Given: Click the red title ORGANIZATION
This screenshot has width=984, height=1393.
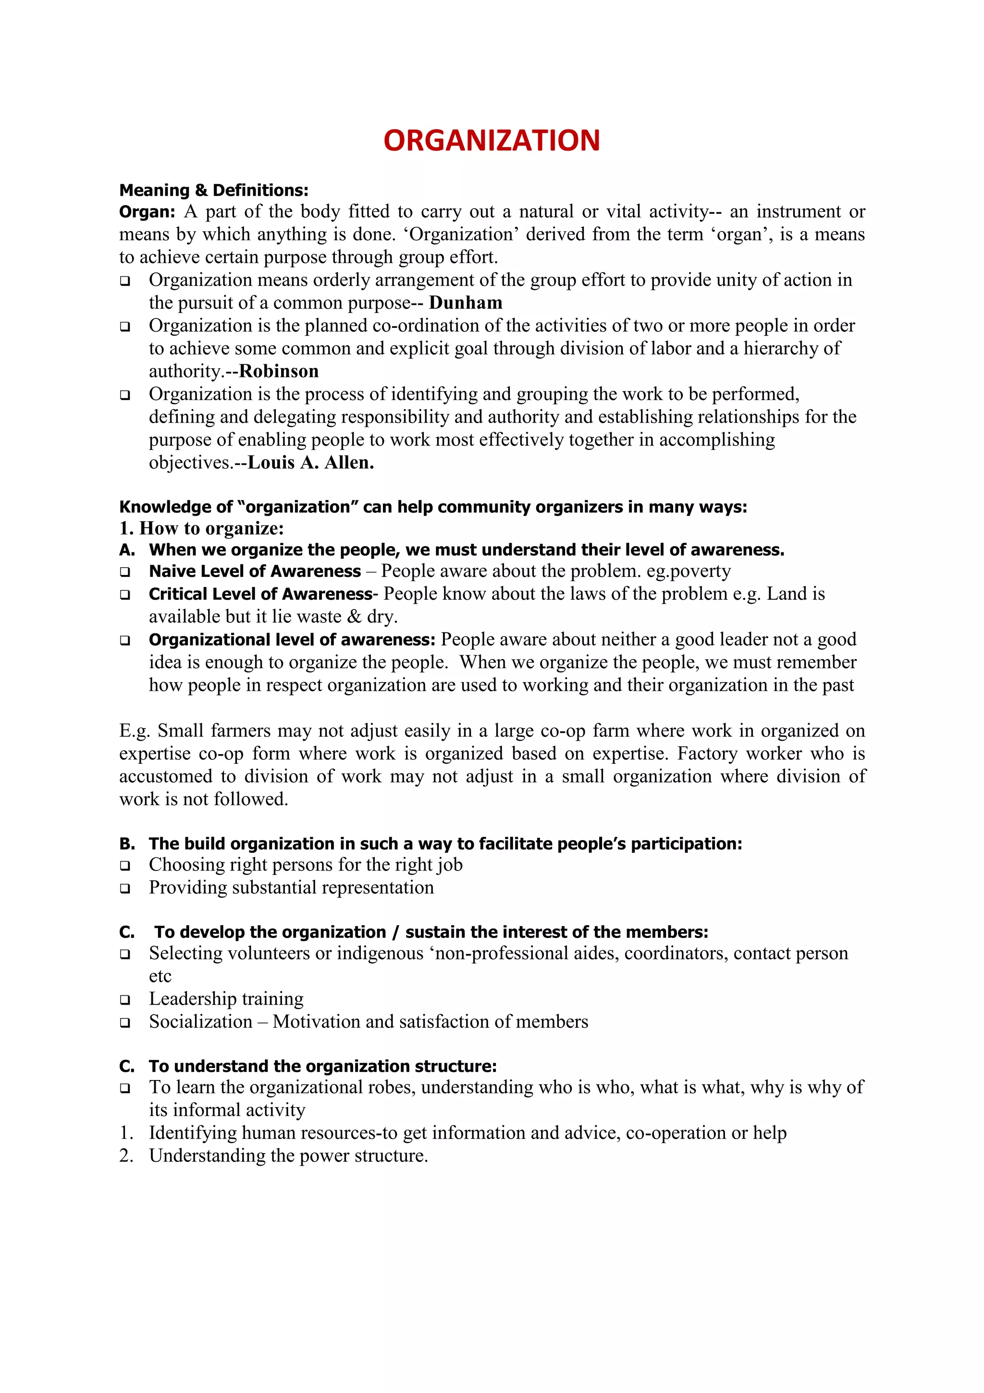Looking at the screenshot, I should click(491, 140).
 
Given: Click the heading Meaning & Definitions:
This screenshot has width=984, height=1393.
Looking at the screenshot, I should click(213, 190).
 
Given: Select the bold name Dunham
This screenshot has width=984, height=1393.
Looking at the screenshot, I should click(465, 302).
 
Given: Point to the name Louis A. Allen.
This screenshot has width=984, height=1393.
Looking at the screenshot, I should click(310, 462).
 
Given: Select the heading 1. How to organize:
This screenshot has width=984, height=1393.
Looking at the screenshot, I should click(201, 528).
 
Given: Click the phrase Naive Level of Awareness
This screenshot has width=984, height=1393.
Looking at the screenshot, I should click(255, 571).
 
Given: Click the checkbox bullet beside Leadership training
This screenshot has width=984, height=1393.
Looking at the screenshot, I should click(125, 999).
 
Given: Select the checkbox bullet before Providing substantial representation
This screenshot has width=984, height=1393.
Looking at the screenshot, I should click(125, 888).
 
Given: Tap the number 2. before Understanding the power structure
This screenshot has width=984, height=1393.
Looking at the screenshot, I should click(126, 1156).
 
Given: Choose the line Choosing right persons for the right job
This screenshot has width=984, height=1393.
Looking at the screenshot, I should click(306, 865).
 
